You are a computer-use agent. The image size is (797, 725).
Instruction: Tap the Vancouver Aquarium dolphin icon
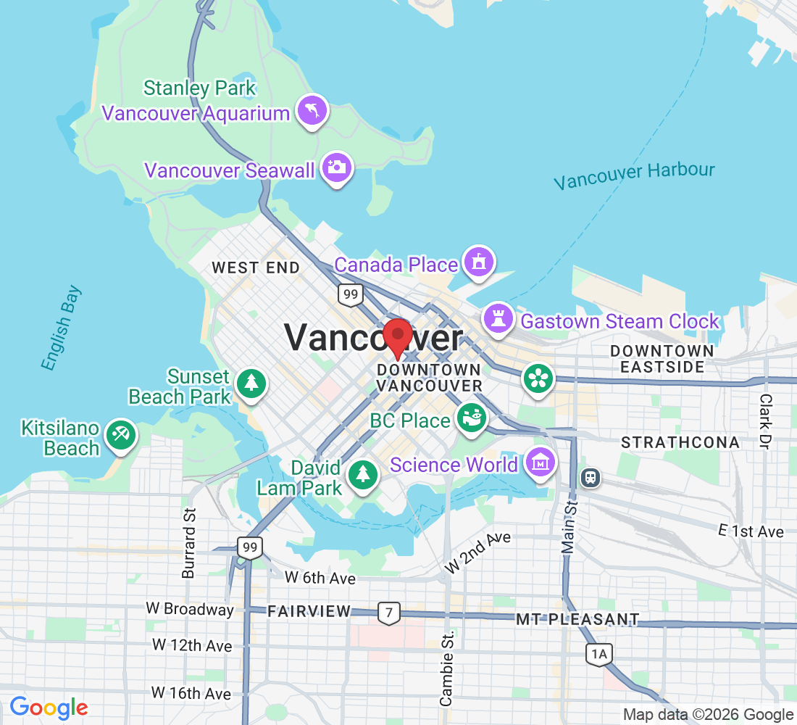(312, 111)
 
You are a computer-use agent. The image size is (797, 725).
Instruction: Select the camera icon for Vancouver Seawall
(336, 167)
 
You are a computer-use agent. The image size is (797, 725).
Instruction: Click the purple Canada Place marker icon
(478, 262)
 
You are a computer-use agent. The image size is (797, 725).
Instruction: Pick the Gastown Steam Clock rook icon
(498, 318)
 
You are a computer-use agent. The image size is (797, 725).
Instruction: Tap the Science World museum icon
(541, 461)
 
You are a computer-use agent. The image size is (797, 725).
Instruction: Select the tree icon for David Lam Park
(361, 474)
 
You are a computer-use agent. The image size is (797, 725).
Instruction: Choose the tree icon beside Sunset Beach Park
(251, 382)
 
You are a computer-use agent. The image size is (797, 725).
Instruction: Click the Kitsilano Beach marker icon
(119, 435)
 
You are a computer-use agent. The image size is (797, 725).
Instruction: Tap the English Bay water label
(61, 328)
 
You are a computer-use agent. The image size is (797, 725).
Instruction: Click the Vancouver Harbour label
(634, 175)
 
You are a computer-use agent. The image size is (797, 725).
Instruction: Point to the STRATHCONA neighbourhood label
(680, 442)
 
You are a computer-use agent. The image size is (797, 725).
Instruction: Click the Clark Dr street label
(766, 421)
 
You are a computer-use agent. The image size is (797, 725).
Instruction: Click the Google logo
(49, 707)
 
